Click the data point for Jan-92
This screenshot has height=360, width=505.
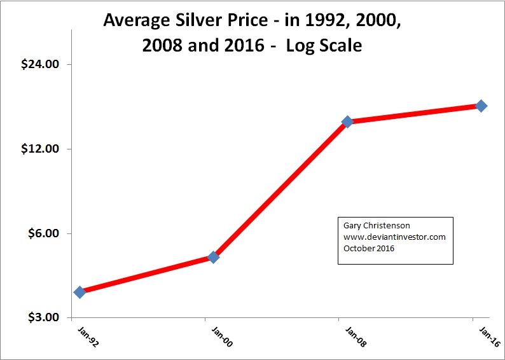click(x=80, y=292)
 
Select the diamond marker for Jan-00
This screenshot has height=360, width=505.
click(x=214, y=257)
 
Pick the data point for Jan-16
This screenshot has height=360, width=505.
click(x=481, y=106)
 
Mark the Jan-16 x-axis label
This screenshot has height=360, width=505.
click(x=487, y=335)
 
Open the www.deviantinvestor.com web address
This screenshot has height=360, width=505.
click(x=394, y=237)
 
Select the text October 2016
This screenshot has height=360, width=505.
click(x=369, y=248)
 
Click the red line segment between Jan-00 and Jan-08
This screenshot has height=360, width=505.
click(x=280, y=190)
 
